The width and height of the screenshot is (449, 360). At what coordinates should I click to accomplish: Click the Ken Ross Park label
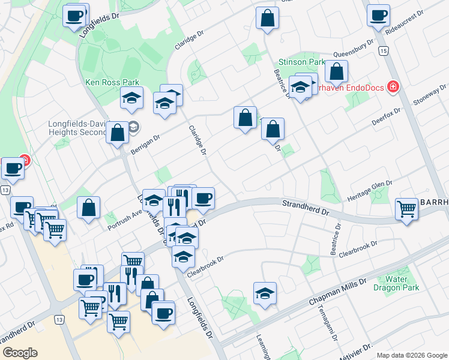coord(112,82)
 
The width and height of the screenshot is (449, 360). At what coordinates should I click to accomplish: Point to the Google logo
coord(20,353)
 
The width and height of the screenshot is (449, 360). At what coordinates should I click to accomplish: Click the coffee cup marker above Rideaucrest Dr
coord(379,16)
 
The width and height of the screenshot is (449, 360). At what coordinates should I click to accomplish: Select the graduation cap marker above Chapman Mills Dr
coord(265,293)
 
